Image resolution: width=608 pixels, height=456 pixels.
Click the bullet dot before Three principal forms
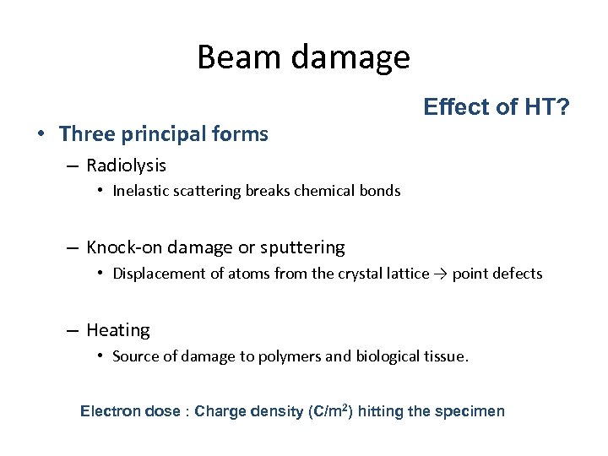pos(41,134)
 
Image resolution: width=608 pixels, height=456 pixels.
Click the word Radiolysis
pos(126,166)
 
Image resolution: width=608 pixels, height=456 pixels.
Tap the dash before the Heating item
pos(75,330)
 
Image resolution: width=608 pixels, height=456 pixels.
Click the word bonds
pos(381,191)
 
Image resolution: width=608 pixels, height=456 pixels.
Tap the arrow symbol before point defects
pos(441,274)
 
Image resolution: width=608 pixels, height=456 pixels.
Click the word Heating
pos(117,330)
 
